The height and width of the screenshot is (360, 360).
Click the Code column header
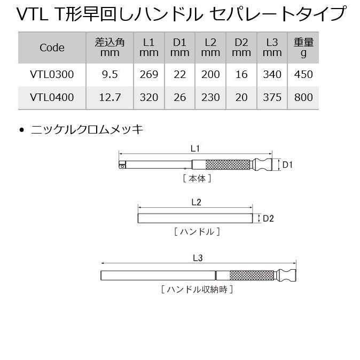[x=52, y=48]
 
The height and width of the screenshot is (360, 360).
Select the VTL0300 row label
[x=52, y=75]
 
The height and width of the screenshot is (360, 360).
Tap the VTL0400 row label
[x=52, y=98]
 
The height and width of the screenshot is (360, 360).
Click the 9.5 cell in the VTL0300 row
[x=109, y=75]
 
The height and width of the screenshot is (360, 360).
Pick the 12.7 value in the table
[x=109, y=98]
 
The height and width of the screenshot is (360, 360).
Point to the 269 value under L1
[x=149, y=75]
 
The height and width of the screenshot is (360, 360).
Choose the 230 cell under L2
[x=210, y=98]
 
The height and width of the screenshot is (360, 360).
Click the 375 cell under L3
[x=272, y=98]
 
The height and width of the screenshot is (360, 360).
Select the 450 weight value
[x=303, y=75]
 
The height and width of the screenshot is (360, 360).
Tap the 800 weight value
[x=303, y=98]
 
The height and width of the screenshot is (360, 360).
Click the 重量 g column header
[x=303, y=48]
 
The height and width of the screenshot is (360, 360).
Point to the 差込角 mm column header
[x=109, y=48]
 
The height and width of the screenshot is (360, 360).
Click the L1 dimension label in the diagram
[x=195, y=150]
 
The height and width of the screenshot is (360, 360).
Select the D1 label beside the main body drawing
[x=288, y=165]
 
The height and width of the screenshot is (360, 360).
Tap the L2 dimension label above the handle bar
[x=195, y=202]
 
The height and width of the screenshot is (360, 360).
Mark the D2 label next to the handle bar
[x=268, y=218]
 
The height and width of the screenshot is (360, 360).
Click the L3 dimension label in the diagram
[x=197, y=258]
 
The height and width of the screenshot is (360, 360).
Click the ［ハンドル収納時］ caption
[x=197, y=289]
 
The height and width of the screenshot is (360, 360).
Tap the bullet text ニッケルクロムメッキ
[x=87, y=130]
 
